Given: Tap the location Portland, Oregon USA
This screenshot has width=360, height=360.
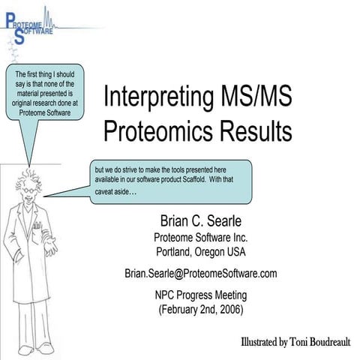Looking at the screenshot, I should (x=200, y=251).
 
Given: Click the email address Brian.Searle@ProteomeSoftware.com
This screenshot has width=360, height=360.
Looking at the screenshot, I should (x=200, y=273).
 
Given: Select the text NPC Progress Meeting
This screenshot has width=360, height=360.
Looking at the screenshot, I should (x=200, y=294).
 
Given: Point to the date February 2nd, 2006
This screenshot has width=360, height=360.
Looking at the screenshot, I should (x=200, y=308).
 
